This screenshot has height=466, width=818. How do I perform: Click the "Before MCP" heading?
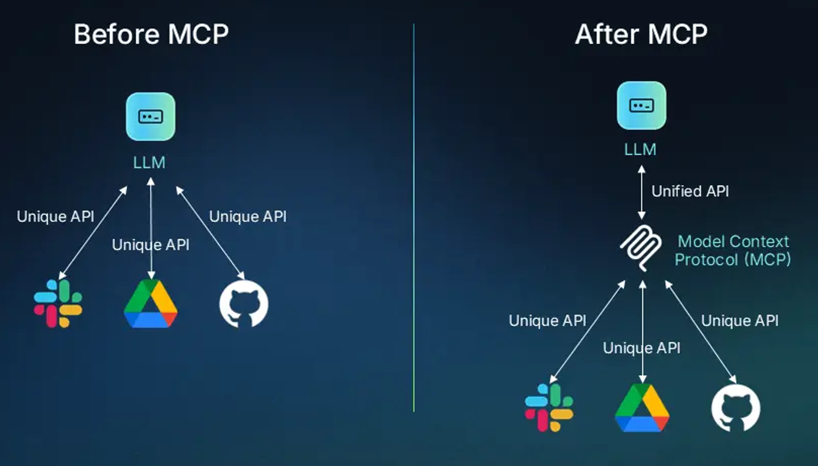pyautogui.click(x=151, y=34)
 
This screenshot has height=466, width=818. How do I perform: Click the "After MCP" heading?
pyautogui.click(x=641, y=34)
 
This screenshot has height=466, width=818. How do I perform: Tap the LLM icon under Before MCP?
pyautogui.click(x=151, y=116)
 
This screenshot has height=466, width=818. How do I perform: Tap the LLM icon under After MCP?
pyautogui.click(x=642, y=106)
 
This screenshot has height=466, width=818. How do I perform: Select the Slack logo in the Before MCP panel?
pyautogui.click(x=58, y=304)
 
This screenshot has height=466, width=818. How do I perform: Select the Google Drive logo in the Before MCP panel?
pyautogui.click(x=151, y=304)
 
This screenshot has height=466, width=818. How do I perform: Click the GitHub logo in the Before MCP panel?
pyautogui.click(x=244, y=304)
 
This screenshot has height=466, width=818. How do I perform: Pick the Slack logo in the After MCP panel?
pyautogui.click(x=549, y=408)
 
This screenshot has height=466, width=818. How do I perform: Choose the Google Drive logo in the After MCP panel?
pyautogui.click(x=642, y=408)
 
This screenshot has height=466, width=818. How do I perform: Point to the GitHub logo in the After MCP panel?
pyautogui.click(x=736, y=408)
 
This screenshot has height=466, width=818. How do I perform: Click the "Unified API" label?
pyautogui.click(x=690, y=191)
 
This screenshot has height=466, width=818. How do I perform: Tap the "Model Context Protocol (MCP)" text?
pyautogui.click(x=733, y=251)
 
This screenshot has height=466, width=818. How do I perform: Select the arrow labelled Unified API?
pyautogui.click(x=642, y=192)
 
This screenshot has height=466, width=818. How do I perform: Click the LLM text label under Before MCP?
pyautogui.click(x=149, y=163)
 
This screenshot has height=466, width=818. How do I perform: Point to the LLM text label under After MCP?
pyautogui.click(x=640, y=150)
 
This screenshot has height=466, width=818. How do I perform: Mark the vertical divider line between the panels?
pyautogui.click(x=414, y=218)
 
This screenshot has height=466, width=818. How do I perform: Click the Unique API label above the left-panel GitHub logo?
pyautogui.click(x=248, y=217)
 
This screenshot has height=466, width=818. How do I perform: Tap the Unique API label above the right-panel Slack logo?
pyautogui.click(x=548, y=321)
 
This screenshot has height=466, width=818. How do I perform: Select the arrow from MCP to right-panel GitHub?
pyautogui.click(x=700, y=331)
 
